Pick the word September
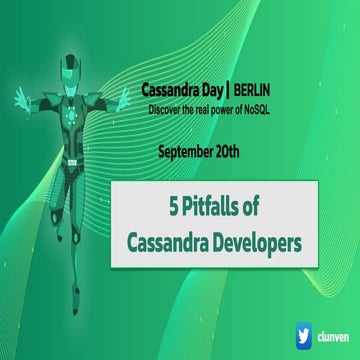[189, 151]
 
